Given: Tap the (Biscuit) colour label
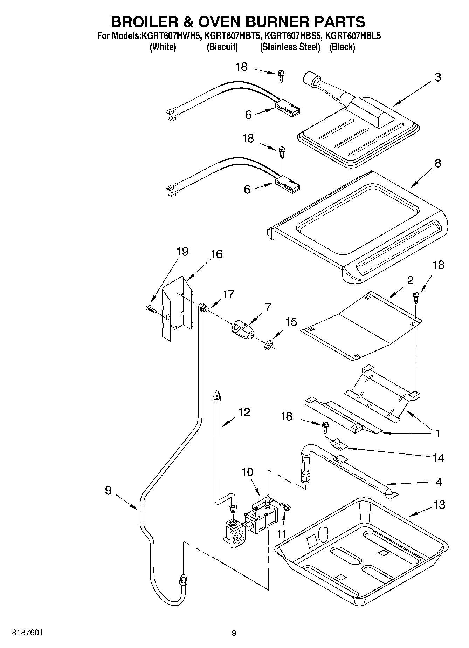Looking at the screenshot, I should click(x=222, y=47).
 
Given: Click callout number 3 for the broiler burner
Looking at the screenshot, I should click(x=437, y=77).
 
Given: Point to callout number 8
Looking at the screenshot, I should click(x=437, y=163).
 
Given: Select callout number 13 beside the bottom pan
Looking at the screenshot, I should click(x=439, y=505).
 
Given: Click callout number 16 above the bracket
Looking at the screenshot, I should click(x=217, y=254).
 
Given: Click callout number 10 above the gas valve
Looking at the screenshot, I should click(x=247, y=472).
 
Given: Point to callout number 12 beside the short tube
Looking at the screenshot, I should click(x=244, y=412).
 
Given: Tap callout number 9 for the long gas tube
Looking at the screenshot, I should click(x=108, y=490).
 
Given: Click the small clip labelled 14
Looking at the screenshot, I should click(x=338, y=444).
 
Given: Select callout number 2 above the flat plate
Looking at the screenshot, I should click(x=410, y=280).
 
